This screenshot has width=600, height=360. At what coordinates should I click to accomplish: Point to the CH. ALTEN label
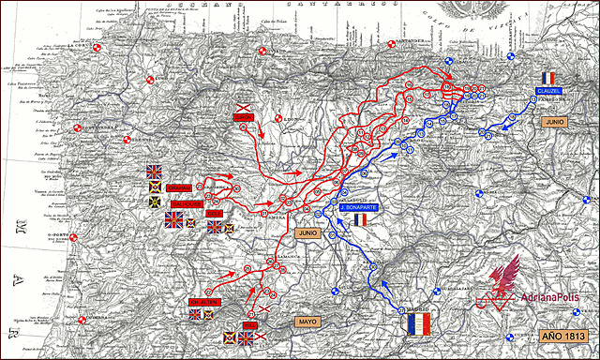click(x=203, y=302)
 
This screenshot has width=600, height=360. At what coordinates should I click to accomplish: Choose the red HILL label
click(x=249, y=324)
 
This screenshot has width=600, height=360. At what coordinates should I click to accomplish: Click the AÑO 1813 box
click(x=562, y=336)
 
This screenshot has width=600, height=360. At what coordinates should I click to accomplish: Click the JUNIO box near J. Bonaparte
click(x=306, y=230)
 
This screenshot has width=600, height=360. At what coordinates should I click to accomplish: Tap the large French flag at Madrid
click(x=413, y=324)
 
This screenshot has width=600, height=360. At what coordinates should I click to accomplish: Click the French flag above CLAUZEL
click(x=548, y=78)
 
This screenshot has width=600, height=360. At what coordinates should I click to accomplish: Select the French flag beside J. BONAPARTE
click(x=360, y=220)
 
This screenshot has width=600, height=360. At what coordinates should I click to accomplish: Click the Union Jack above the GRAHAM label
click(x=155, y=171)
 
